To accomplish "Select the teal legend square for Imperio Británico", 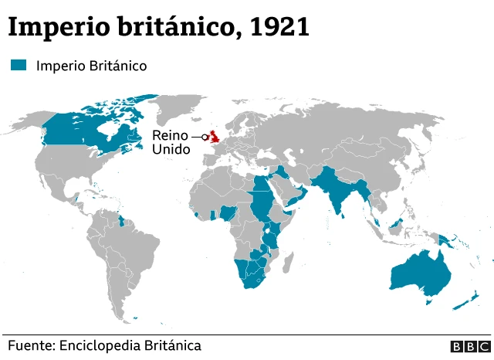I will coord(19,66).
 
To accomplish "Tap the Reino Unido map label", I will coord(170,142).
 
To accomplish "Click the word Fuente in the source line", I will coord(31,345).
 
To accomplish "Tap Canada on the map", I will coord(85,131).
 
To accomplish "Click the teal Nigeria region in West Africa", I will coord(229,212).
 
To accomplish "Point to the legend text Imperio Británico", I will coord(91,66).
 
